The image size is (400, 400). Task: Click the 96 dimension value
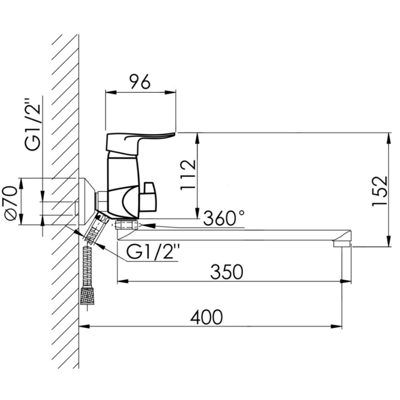[x=140, y=82]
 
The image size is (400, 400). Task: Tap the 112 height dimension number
[x=188, y=175]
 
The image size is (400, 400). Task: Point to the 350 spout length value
[x=227, y=272]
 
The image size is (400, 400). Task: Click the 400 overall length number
[x=206, y=317]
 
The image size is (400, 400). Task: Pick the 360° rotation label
[x=224, y=218]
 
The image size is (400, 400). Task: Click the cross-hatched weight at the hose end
[x=87, y=296]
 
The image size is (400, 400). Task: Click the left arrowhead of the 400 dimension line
[x=84, y=327]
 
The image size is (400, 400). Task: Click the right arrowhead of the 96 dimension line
[x=170, y=93]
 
